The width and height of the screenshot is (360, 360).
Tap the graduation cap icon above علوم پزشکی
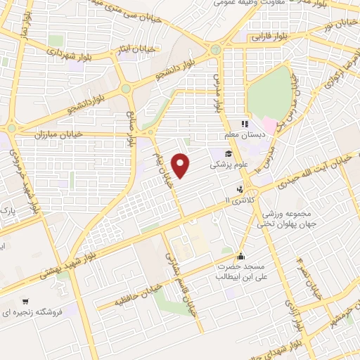click(x=229, y=154)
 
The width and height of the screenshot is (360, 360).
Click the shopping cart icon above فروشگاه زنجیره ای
click(x=25, y=300)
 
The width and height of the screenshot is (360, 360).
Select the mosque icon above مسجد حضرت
click(x=241, y=256)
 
